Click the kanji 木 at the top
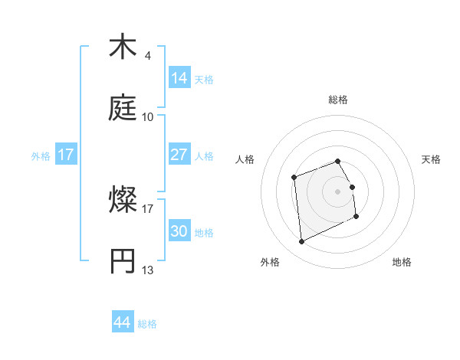[123, 47]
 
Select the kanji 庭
[123, 109]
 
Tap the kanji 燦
[123, 201]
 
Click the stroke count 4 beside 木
[148, 55]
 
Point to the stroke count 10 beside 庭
[148, 116]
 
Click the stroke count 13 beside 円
[148, 270]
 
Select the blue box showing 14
[179, 78]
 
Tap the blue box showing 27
[179, 155]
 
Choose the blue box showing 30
[179, 231]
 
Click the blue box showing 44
[122, 322]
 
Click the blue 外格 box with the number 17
[66, 155]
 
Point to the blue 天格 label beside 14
[204, 80]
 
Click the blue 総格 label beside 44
[147, 324]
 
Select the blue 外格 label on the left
[41, 156]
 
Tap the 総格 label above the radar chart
[338, 100]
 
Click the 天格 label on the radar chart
[432, 159]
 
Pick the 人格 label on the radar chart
[245, 159]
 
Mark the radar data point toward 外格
[302, 242]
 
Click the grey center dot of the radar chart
[338, 191]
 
